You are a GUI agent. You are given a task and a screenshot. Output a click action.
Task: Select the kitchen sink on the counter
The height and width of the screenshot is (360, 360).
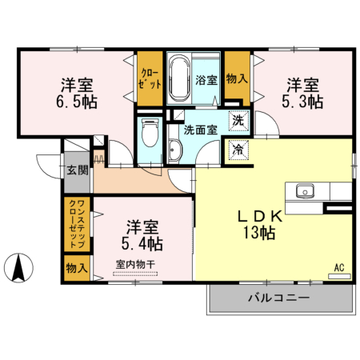(x=306, y=191)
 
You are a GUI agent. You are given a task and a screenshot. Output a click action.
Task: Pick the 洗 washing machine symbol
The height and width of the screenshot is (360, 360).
(x=238, y=121)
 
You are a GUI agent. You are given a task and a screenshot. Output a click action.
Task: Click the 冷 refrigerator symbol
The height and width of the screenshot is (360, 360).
(x=238, y=149)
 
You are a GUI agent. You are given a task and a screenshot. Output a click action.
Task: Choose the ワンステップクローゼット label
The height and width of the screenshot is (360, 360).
(x=78, y=224)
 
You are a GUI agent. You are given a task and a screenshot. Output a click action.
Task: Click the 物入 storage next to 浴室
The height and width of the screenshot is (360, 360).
(x=236, y=78)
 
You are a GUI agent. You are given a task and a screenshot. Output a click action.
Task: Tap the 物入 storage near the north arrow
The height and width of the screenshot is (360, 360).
(x=78, y=268)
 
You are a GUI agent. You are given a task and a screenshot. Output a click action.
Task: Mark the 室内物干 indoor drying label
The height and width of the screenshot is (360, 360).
(x=136, y=265)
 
